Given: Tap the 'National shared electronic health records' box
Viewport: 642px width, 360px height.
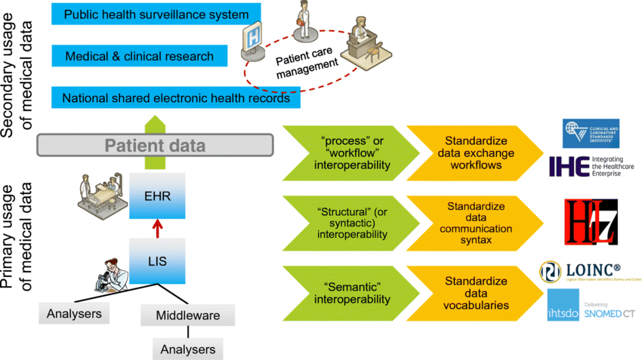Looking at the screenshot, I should point(175,98).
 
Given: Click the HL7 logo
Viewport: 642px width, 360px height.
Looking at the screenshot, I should point(591,222).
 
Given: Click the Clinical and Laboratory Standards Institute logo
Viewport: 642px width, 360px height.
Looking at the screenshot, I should point(591,134).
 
